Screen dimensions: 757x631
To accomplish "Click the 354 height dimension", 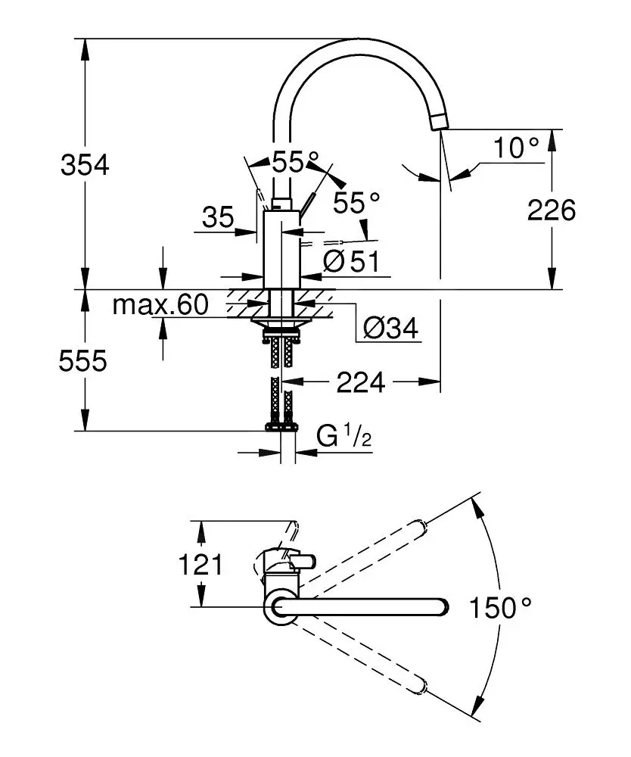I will (84, 165).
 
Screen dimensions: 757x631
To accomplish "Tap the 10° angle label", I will (517, 148).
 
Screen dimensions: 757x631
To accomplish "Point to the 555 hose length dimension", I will (83, 362).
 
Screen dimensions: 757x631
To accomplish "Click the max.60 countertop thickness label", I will (160, 305).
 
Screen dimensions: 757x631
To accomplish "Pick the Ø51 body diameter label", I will (350, 261).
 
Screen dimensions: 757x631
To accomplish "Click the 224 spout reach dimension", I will (360, 383).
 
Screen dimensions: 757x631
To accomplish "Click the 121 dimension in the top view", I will (200, 564).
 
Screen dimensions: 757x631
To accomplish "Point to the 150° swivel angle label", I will (501, 607).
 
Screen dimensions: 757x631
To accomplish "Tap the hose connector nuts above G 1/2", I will (281, 427).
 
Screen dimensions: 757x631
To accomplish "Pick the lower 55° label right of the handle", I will (357, 202).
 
